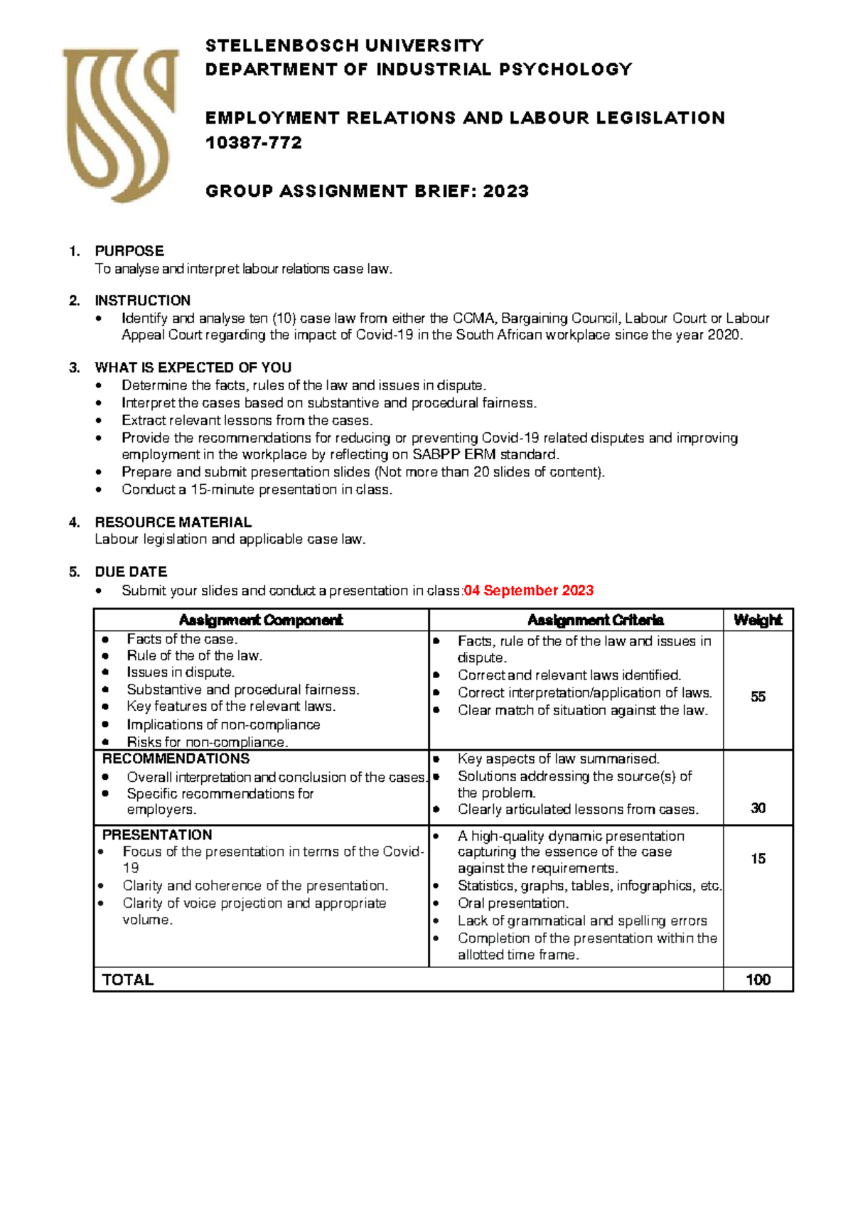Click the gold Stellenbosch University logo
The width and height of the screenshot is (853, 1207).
119,125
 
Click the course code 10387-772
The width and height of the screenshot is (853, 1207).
254,143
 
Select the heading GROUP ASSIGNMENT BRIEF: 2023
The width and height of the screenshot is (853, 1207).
367,191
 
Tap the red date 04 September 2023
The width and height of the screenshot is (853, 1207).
528,591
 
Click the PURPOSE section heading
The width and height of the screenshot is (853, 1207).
129,251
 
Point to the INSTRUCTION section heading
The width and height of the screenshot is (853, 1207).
142,300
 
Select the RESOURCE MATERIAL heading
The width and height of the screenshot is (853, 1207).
173,522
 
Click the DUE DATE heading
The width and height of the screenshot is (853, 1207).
131,572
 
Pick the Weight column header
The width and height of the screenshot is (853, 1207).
758,620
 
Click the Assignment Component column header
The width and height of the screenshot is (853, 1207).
261,620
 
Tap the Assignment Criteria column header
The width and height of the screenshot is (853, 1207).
596,620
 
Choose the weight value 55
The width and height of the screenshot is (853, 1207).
758,697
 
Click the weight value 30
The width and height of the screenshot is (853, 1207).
758,808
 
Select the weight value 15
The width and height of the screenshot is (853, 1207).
758,859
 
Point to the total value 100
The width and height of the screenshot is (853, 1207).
758,980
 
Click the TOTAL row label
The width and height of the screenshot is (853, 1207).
128,980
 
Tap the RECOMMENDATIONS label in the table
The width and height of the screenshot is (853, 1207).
176,758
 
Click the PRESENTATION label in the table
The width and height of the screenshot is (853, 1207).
157,835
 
